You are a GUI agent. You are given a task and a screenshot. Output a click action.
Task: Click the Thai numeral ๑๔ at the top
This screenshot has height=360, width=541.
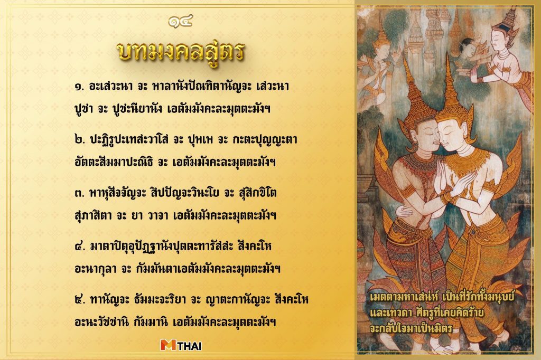(180, 21)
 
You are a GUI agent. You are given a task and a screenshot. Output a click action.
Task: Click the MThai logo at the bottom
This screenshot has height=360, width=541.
(181, 345)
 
